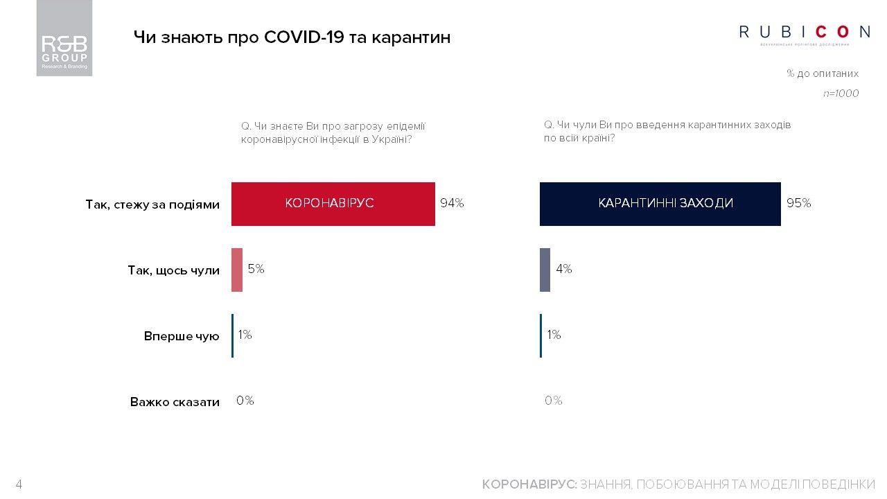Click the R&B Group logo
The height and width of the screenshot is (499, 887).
(64, 38)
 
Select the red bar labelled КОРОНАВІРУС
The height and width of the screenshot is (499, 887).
(333, 204)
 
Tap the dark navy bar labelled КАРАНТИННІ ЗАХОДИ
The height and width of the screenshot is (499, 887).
(660, 204)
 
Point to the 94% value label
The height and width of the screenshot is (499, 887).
(452, 204)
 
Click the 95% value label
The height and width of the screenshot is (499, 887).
(799, 204)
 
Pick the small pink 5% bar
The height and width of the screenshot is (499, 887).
(237, 270)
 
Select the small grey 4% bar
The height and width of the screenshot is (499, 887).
(545, 270)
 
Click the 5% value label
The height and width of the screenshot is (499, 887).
(256, 269)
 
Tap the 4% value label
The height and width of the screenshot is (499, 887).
(563, 269)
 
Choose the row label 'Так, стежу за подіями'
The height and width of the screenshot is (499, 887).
(152, 205)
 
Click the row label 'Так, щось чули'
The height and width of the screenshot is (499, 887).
(173, 270)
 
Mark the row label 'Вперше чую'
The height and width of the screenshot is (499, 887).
(182, 336)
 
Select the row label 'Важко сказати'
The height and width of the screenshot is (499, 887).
(175, 402)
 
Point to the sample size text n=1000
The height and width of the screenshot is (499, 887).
(841, 94)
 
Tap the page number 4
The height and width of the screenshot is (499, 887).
(19, 484)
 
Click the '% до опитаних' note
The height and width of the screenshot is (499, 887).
(823, 73)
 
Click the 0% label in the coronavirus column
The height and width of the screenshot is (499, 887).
(245, 401)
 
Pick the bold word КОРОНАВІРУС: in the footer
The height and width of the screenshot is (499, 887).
(529, 484)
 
